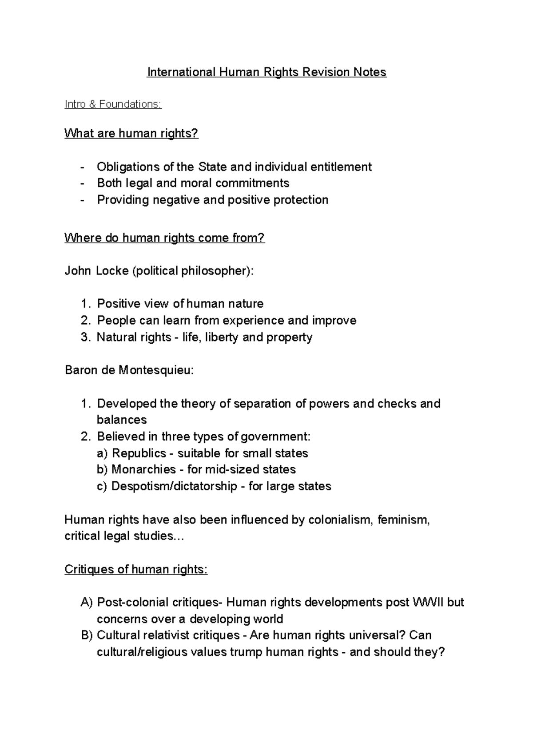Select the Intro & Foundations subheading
click(113, 104)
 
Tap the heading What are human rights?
click(131, 133)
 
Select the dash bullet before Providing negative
click(82, 200)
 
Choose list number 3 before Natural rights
click(85, 337)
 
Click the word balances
click(122, 420)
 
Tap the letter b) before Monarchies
click(102, 469)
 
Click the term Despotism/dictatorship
click(174, 486)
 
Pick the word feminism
click(403, 520)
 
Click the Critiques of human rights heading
click(136, 569)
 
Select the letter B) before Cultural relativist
click(87, 635)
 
